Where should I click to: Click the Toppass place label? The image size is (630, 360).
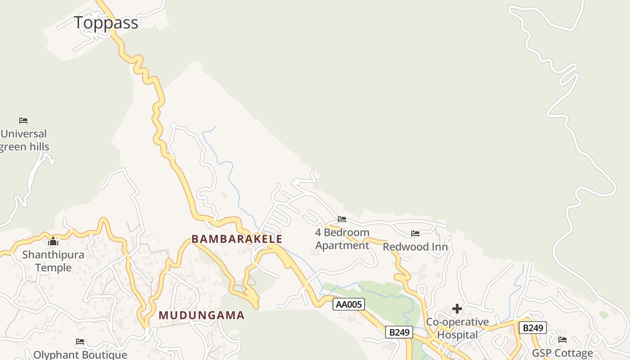[106, 22]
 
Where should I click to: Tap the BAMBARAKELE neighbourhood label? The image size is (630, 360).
[237, 239]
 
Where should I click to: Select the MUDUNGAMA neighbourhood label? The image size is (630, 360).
[202, 315]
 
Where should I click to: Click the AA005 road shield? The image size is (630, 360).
[349, 305]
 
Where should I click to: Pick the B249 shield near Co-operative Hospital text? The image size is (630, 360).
[533, 328]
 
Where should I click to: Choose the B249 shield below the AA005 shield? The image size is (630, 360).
[399, 332]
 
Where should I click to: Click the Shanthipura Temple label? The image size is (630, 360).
[53, 261]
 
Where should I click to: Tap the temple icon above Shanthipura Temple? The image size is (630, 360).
[53, 242]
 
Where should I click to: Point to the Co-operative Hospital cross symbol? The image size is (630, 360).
[457, 309]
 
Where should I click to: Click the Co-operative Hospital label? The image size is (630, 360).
[457, 328]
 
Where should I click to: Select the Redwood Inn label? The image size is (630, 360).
[415, 247]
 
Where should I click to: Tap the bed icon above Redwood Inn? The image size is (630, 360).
[415, 234]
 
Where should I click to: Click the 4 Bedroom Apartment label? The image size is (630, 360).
[342, 239]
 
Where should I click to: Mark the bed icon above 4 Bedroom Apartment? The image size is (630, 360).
[342, 219]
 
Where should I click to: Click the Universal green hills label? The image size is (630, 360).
[24, 140]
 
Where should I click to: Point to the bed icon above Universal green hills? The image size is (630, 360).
[23, 121]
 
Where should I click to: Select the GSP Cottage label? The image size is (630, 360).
[562, 353]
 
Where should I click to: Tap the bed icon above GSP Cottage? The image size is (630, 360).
[562, 340]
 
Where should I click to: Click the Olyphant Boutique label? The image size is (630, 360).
[80, 355]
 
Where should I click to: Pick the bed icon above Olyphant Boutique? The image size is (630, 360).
[80, 342]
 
